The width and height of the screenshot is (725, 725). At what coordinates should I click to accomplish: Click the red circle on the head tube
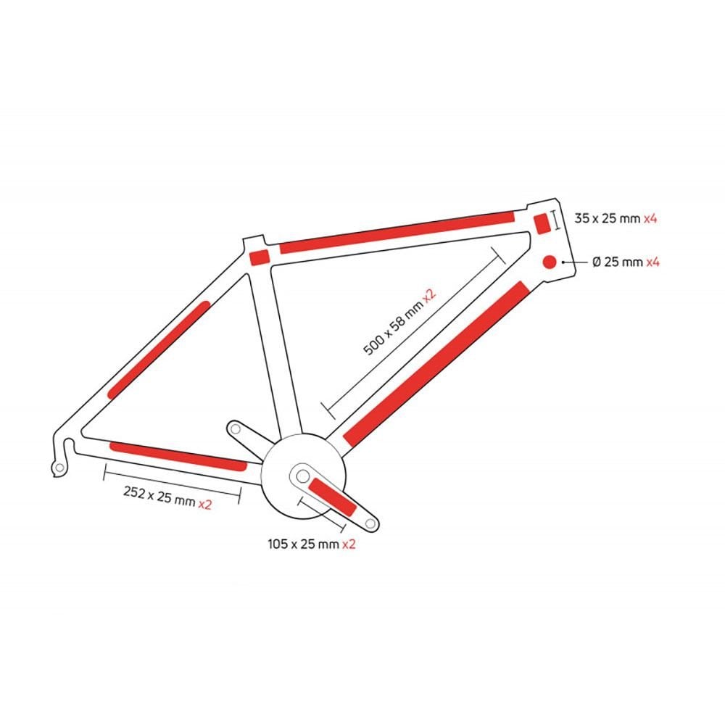click(x=550, y=262)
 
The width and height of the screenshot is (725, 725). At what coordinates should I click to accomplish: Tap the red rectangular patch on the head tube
click(x=542, y=224)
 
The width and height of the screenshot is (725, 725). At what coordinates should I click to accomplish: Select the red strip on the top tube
click(x=397, y=232)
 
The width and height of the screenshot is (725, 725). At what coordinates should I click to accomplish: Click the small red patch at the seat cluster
click(x=260, y=257)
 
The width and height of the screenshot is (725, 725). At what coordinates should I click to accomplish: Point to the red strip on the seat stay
click(x=159, y=349)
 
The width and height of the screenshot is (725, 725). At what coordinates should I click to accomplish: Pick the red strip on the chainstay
click(x=178, y=456)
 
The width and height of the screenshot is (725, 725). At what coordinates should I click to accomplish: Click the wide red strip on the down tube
click(x=436, y=363)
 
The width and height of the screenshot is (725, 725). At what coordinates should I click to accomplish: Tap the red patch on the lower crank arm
click(x=333, y=497)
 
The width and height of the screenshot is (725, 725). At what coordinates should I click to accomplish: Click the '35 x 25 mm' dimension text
click(x=608, y=218)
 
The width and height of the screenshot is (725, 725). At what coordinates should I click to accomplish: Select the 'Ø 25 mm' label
click(x=618, y=262)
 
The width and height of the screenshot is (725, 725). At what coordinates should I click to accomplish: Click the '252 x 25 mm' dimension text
click(x=159, y=496)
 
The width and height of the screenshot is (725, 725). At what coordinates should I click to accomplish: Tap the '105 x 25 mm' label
click(x=303, y=544)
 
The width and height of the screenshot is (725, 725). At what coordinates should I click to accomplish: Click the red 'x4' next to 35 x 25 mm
click(x=650, y=218)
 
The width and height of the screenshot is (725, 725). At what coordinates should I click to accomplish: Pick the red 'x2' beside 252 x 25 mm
click(x=205, y=504)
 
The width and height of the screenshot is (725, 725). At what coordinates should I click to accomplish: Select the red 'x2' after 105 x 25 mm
click(x=349, y=544)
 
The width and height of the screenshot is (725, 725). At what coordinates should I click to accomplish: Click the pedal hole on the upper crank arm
click(x=236, y=429)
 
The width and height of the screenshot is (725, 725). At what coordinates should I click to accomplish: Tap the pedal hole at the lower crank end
click(x=370, y=524)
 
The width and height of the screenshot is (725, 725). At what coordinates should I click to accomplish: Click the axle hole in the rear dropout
click(x=59, y=468)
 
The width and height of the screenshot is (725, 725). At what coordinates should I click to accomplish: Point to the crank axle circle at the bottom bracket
click(x=303, y=476)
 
